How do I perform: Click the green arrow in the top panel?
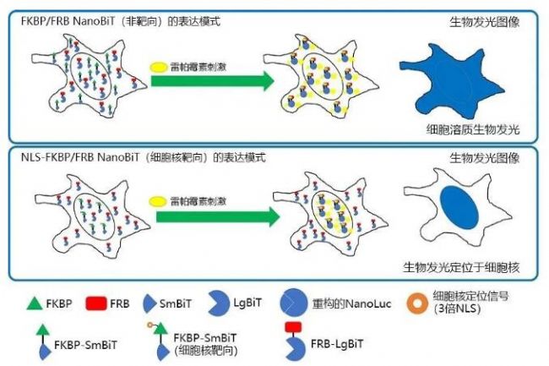211,82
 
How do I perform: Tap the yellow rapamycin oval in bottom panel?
157,201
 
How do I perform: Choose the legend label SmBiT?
178,302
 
